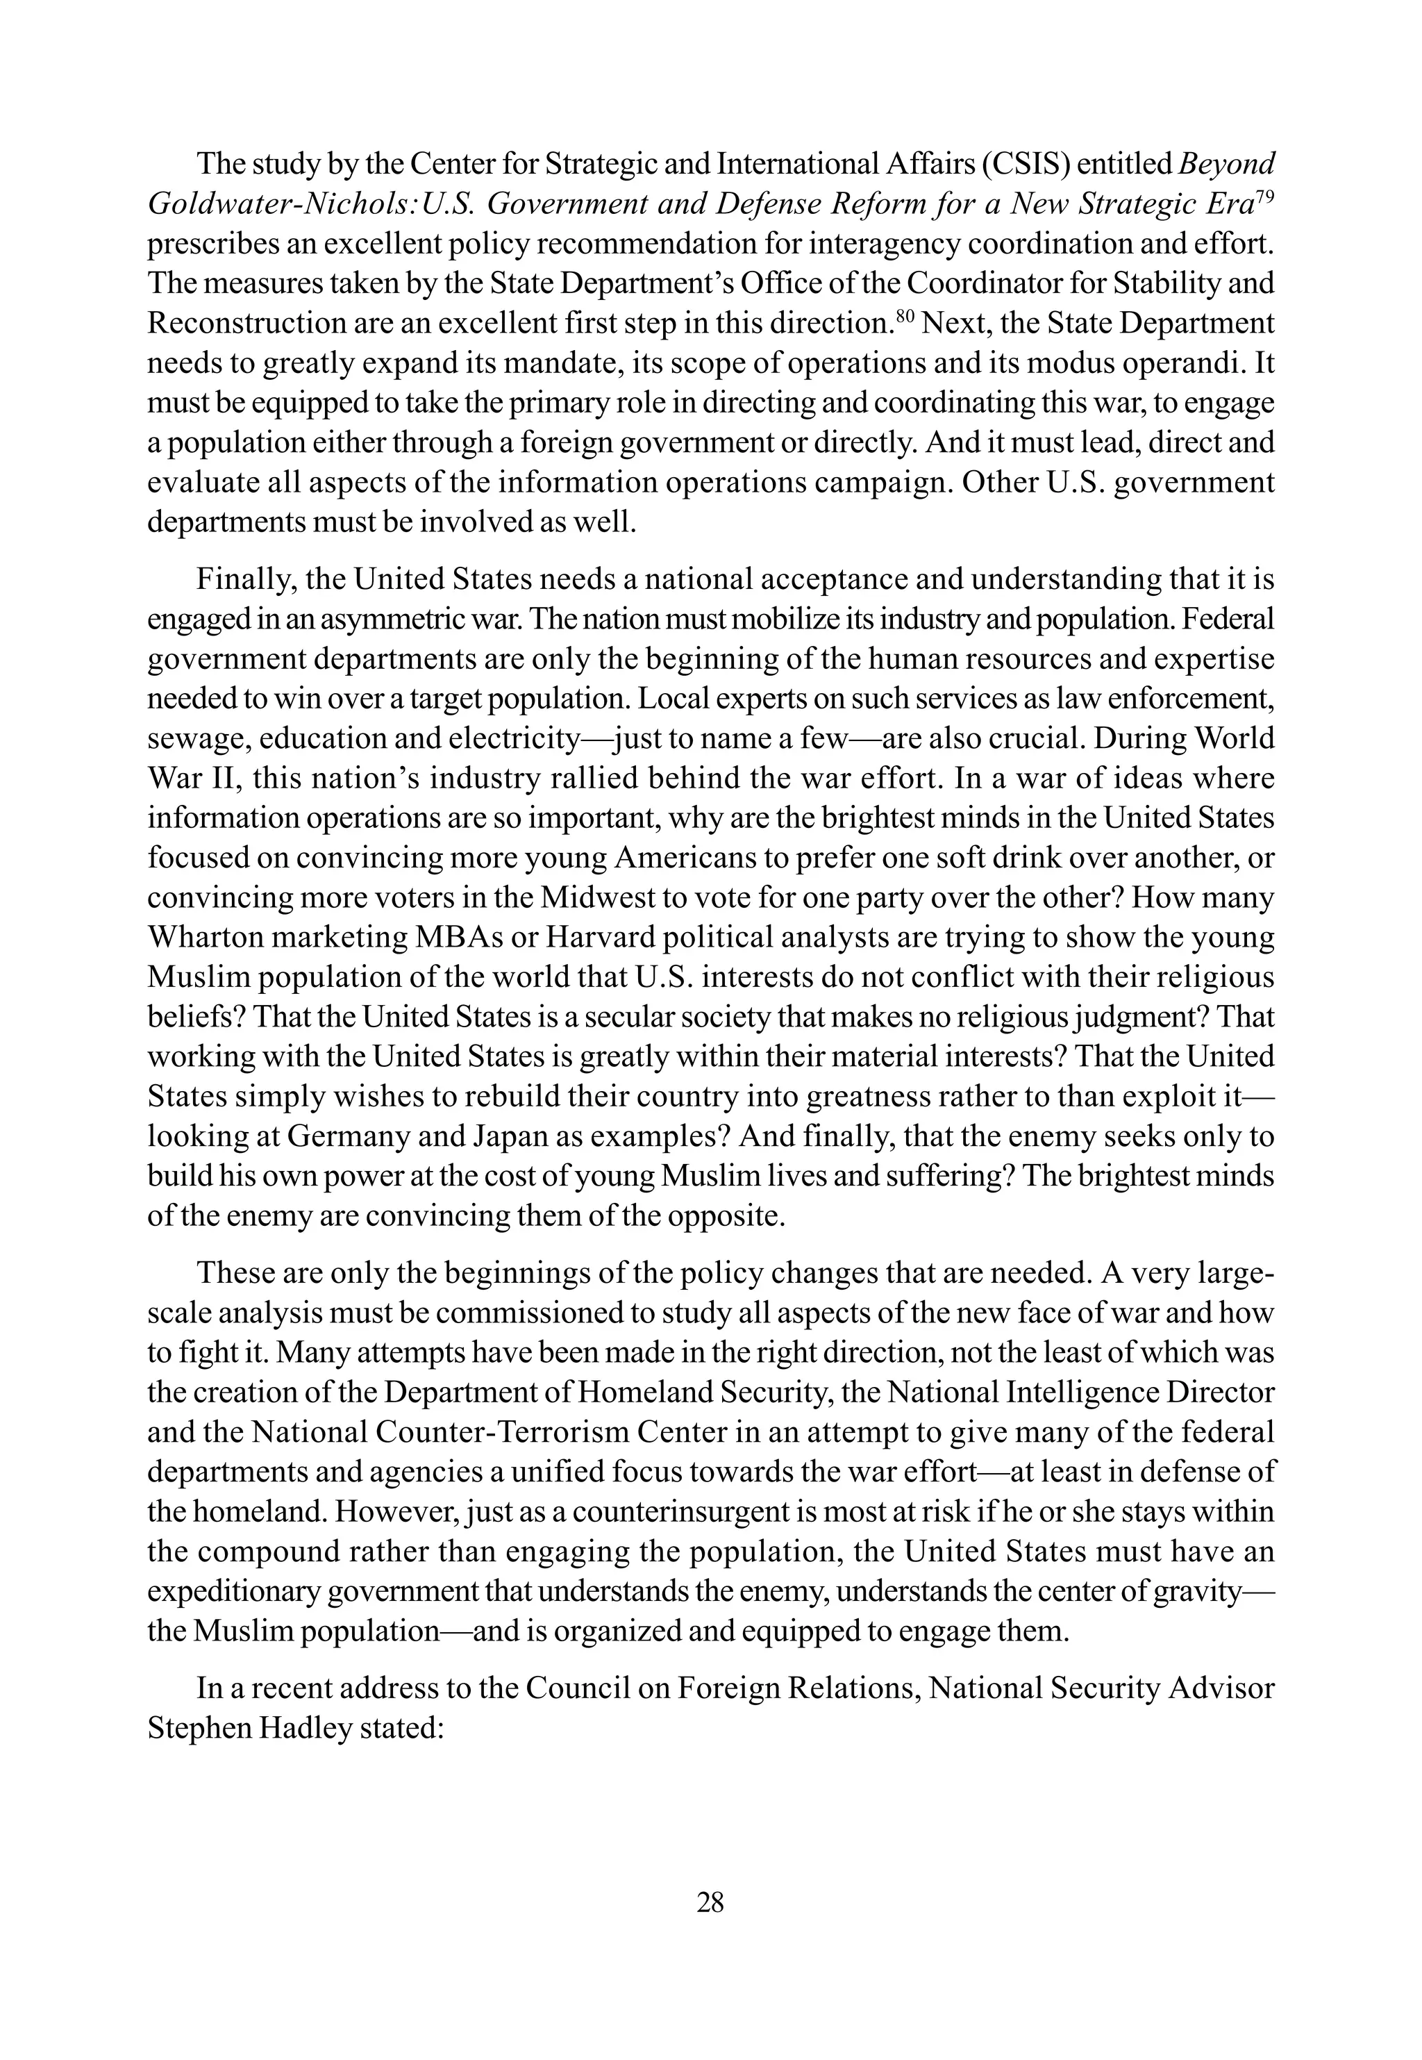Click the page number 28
pyautogui.click(x=710, y=1902)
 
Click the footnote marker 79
pyautogui.click(x=1264, y=196)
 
